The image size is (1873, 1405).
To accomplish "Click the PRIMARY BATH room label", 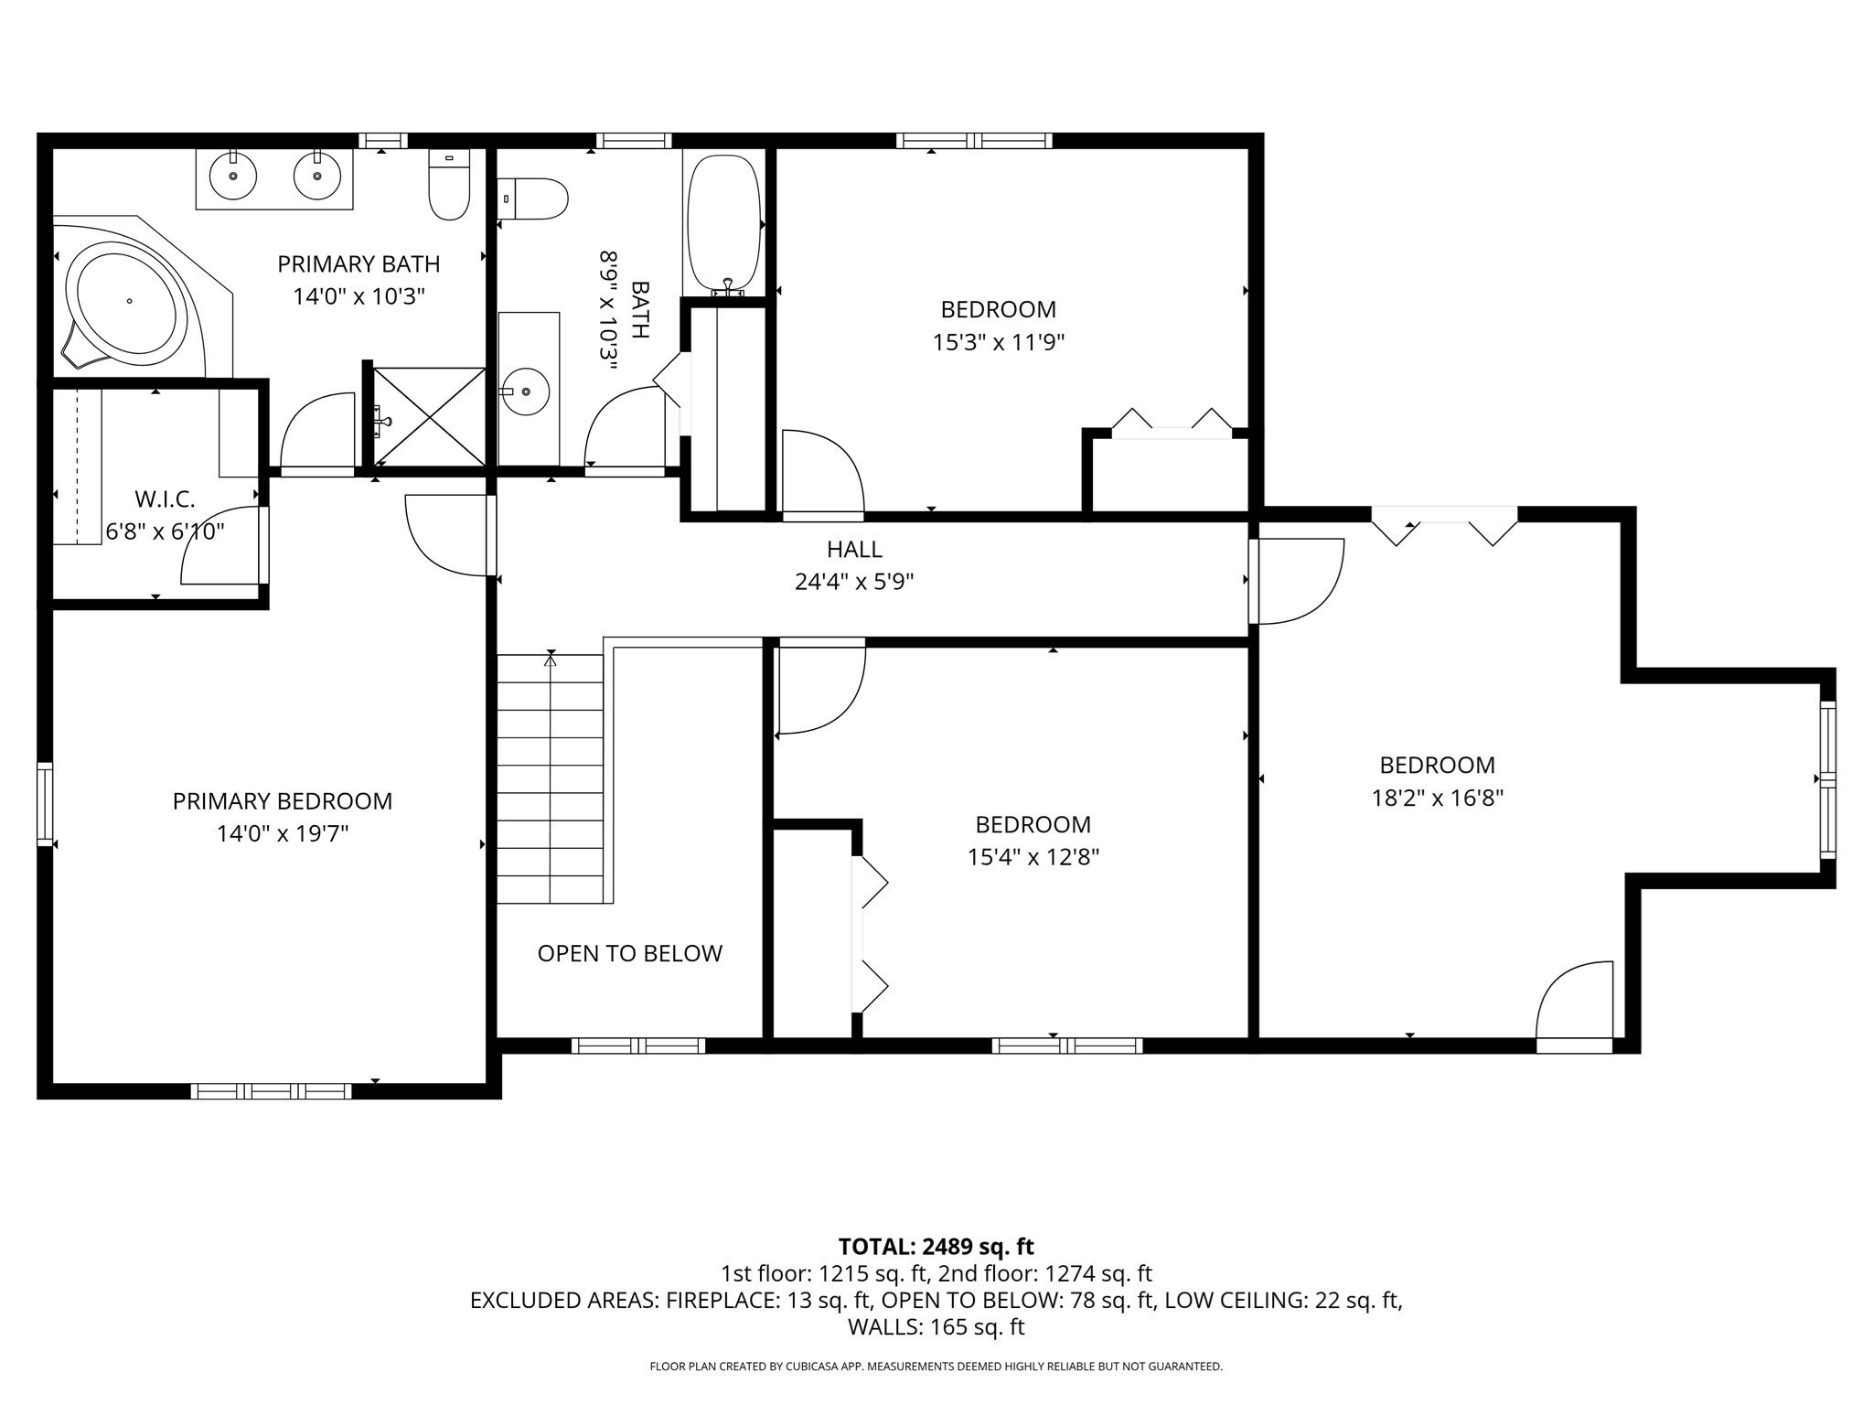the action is coord(359,264).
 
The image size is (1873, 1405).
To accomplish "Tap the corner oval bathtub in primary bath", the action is coord(128,299).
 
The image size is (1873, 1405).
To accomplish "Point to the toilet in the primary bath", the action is coord(449,184).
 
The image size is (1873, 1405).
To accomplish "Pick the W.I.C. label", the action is coord(166,499).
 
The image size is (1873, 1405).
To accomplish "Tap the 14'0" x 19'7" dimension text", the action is coord(283,834).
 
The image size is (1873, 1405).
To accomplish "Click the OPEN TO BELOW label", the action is coord(630,953).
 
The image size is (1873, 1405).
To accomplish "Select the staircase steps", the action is coord(550,778).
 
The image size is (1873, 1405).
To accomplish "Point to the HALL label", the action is coord(854,549).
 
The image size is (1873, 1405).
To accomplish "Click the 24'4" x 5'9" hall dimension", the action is coord(854,582).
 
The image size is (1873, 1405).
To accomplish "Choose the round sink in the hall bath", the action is coord(527,391).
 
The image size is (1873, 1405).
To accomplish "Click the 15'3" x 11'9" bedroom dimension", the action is coord(999,342).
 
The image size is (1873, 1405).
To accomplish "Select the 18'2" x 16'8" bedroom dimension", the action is coord(1438,799).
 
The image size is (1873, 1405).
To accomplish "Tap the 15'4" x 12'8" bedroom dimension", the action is coord(1033,858).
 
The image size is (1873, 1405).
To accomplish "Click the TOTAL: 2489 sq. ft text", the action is coord(936,1247).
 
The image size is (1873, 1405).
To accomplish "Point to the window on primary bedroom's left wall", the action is coord(44,804).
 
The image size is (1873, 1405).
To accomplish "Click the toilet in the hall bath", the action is coord(534,198).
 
